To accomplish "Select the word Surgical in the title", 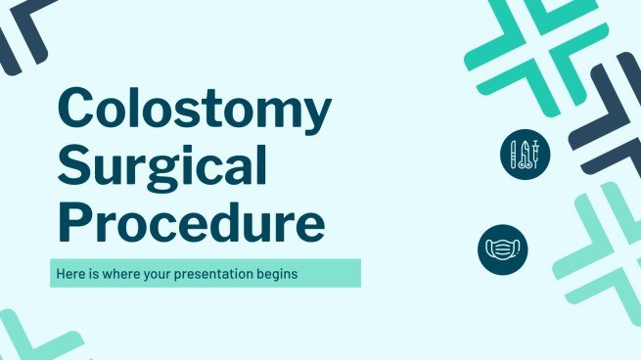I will point(162,170).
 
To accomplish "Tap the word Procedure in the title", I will point(191,223).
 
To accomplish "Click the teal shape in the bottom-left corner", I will point(29,337).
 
